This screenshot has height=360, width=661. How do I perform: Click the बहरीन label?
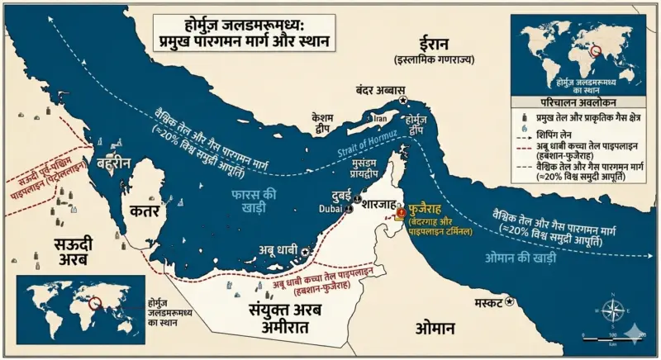112,163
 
